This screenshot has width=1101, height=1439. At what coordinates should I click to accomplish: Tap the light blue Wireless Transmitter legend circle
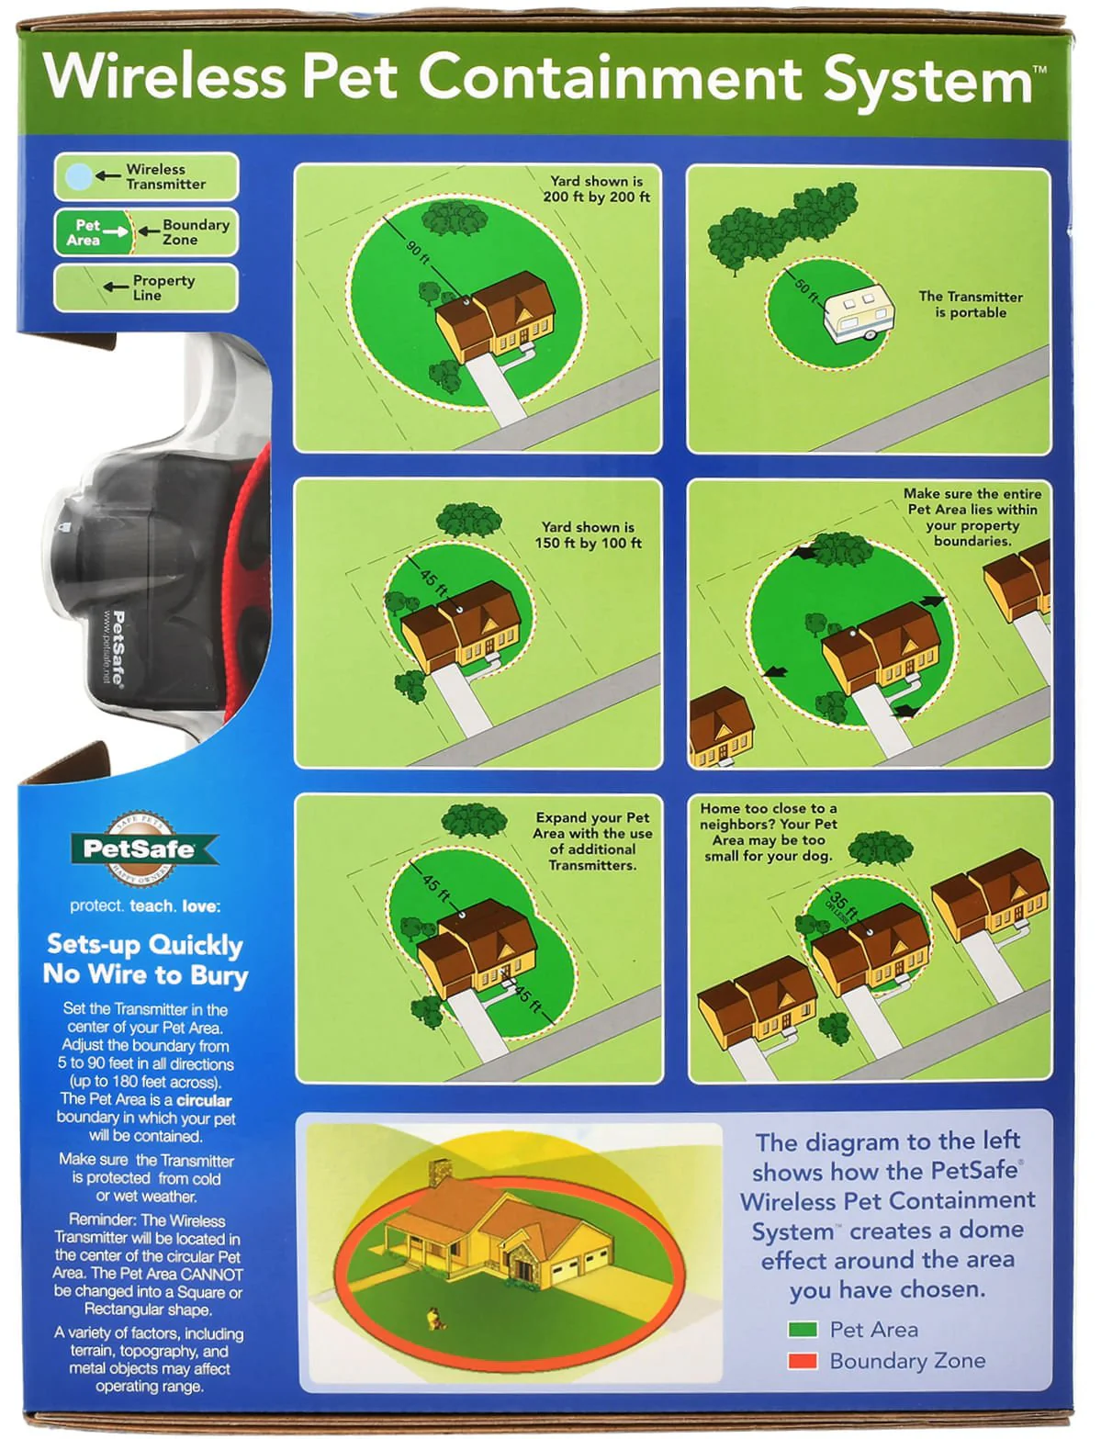[x=79, y=175]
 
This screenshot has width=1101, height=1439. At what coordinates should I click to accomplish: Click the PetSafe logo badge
[x=145, y=849]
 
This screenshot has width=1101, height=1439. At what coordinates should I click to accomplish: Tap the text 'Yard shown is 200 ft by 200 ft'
[x=596, y=189]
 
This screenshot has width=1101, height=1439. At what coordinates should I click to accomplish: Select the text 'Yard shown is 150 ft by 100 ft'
[x=588, y=535]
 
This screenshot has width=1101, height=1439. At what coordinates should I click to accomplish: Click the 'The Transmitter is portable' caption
[x=971, y=304]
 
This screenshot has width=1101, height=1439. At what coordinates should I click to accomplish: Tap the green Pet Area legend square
[x=803, y=1330]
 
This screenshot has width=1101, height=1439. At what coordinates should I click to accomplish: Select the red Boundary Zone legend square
[x=803, y=1361]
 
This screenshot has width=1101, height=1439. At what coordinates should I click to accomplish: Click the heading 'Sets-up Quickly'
[x=145, y=945]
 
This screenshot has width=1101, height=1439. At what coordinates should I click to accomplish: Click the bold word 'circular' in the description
[x=204, y=1100]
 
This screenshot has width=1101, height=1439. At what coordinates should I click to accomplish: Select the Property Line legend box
[x=145, y=287]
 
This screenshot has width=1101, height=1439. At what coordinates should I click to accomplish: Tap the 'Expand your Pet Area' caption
[x=592, y=841]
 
